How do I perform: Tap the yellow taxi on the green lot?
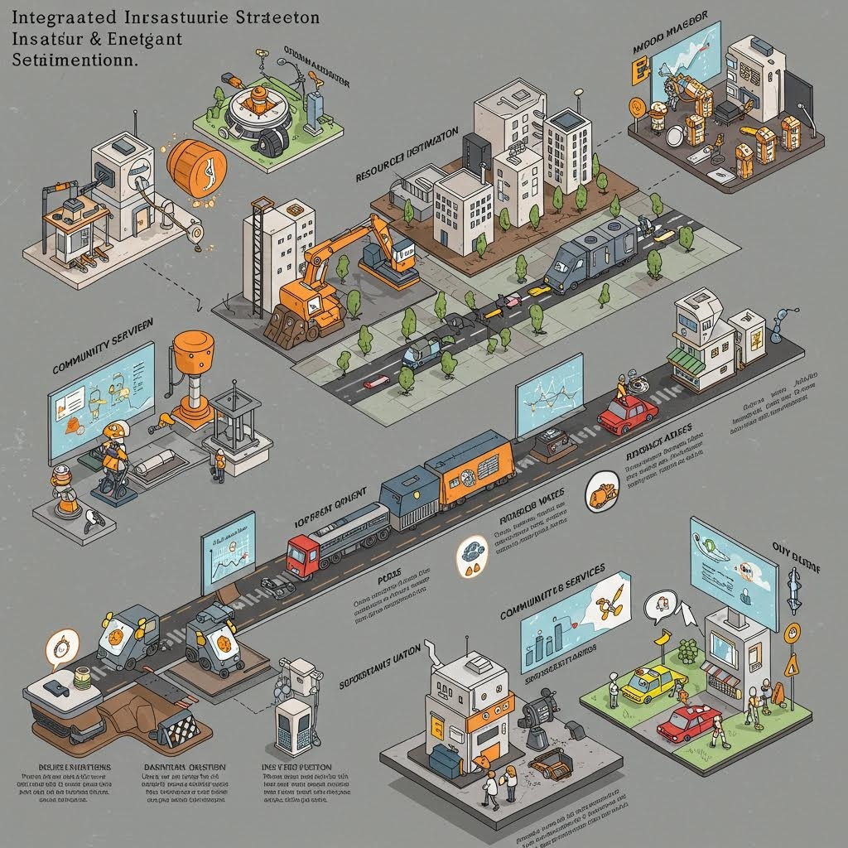click(x=652, y=683)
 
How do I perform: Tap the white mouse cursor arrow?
click(x=686, y=613)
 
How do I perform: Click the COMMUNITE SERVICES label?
click(x=552, y=593)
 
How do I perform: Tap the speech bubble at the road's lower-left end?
click(x=60, y=646)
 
